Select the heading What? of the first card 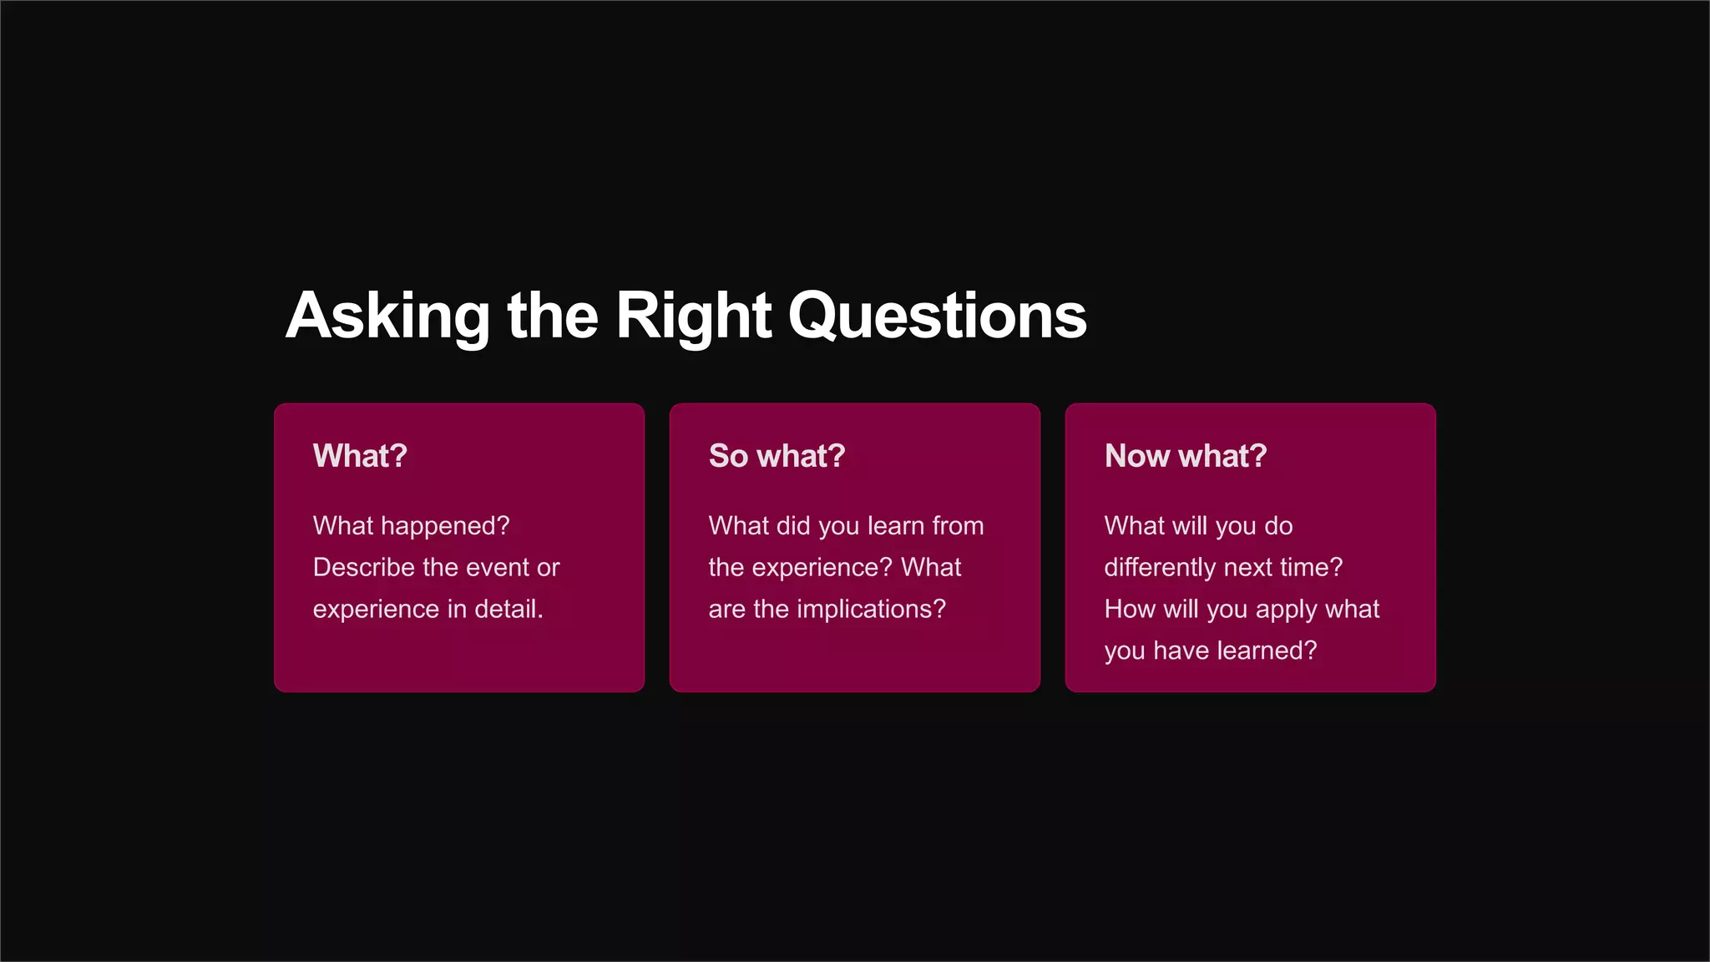pos(360,456)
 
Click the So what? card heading pos(777,456)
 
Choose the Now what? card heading pos(1185,456)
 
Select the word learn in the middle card pos(896,526)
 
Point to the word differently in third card pos(1160,568)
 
